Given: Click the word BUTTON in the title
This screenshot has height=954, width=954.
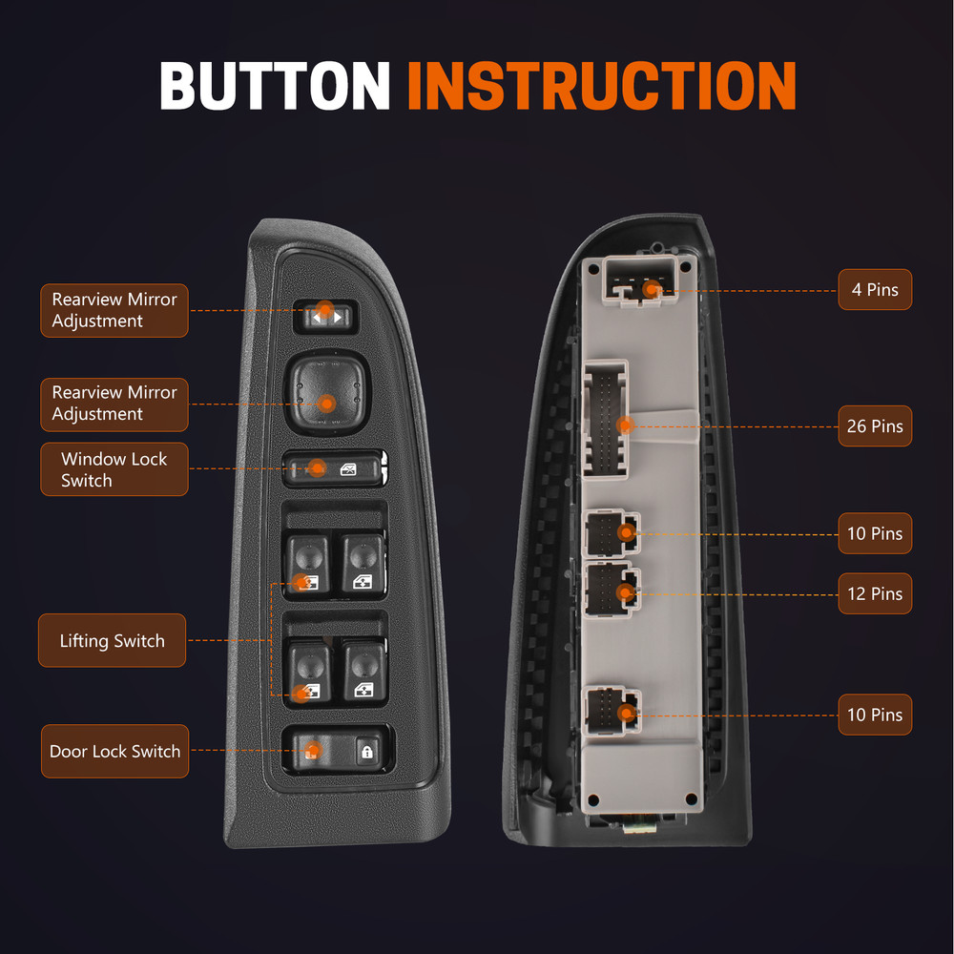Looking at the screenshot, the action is pos(275,85).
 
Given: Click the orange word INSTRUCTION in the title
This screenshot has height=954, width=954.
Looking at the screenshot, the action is pos(601,85).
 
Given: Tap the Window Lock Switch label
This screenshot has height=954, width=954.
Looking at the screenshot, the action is pos(114,469).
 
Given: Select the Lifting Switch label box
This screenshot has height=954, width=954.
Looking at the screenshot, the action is pos(112,640).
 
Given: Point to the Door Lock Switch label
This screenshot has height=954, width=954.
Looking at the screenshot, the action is pos(115,751).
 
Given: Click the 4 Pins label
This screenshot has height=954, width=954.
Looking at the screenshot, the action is pos(875,290).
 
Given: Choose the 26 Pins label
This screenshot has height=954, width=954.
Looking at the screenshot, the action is pos(875,425).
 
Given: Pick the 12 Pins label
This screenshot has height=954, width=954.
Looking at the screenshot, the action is pos(875,593).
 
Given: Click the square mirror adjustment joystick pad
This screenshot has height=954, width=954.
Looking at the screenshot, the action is pos(327,392).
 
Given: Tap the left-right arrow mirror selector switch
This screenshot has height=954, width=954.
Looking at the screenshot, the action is pos(325,317).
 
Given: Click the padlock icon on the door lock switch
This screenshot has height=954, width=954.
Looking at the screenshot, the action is pos(367,752).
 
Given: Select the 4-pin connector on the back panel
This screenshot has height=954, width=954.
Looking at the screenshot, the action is pos(640,280).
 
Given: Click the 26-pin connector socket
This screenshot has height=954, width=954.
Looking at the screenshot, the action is pos(606,421).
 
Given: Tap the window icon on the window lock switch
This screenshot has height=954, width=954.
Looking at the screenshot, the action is pos(348,469).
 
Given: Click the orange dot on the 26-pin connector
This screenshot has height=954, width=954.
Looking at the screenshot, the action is pos(625,425).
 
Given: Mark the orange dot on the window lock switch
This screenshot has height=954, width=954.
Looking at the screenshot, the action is pos(317,467).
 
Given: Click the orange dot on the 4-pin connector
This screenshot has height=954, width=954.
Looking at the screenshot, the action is pos(653,290).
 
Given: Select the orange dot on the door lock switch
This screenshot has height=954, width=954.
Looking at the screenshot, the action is pos(313,750).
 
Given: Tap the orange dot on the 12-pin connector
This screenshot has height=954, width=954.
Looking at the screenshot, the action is pos(626,592).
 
